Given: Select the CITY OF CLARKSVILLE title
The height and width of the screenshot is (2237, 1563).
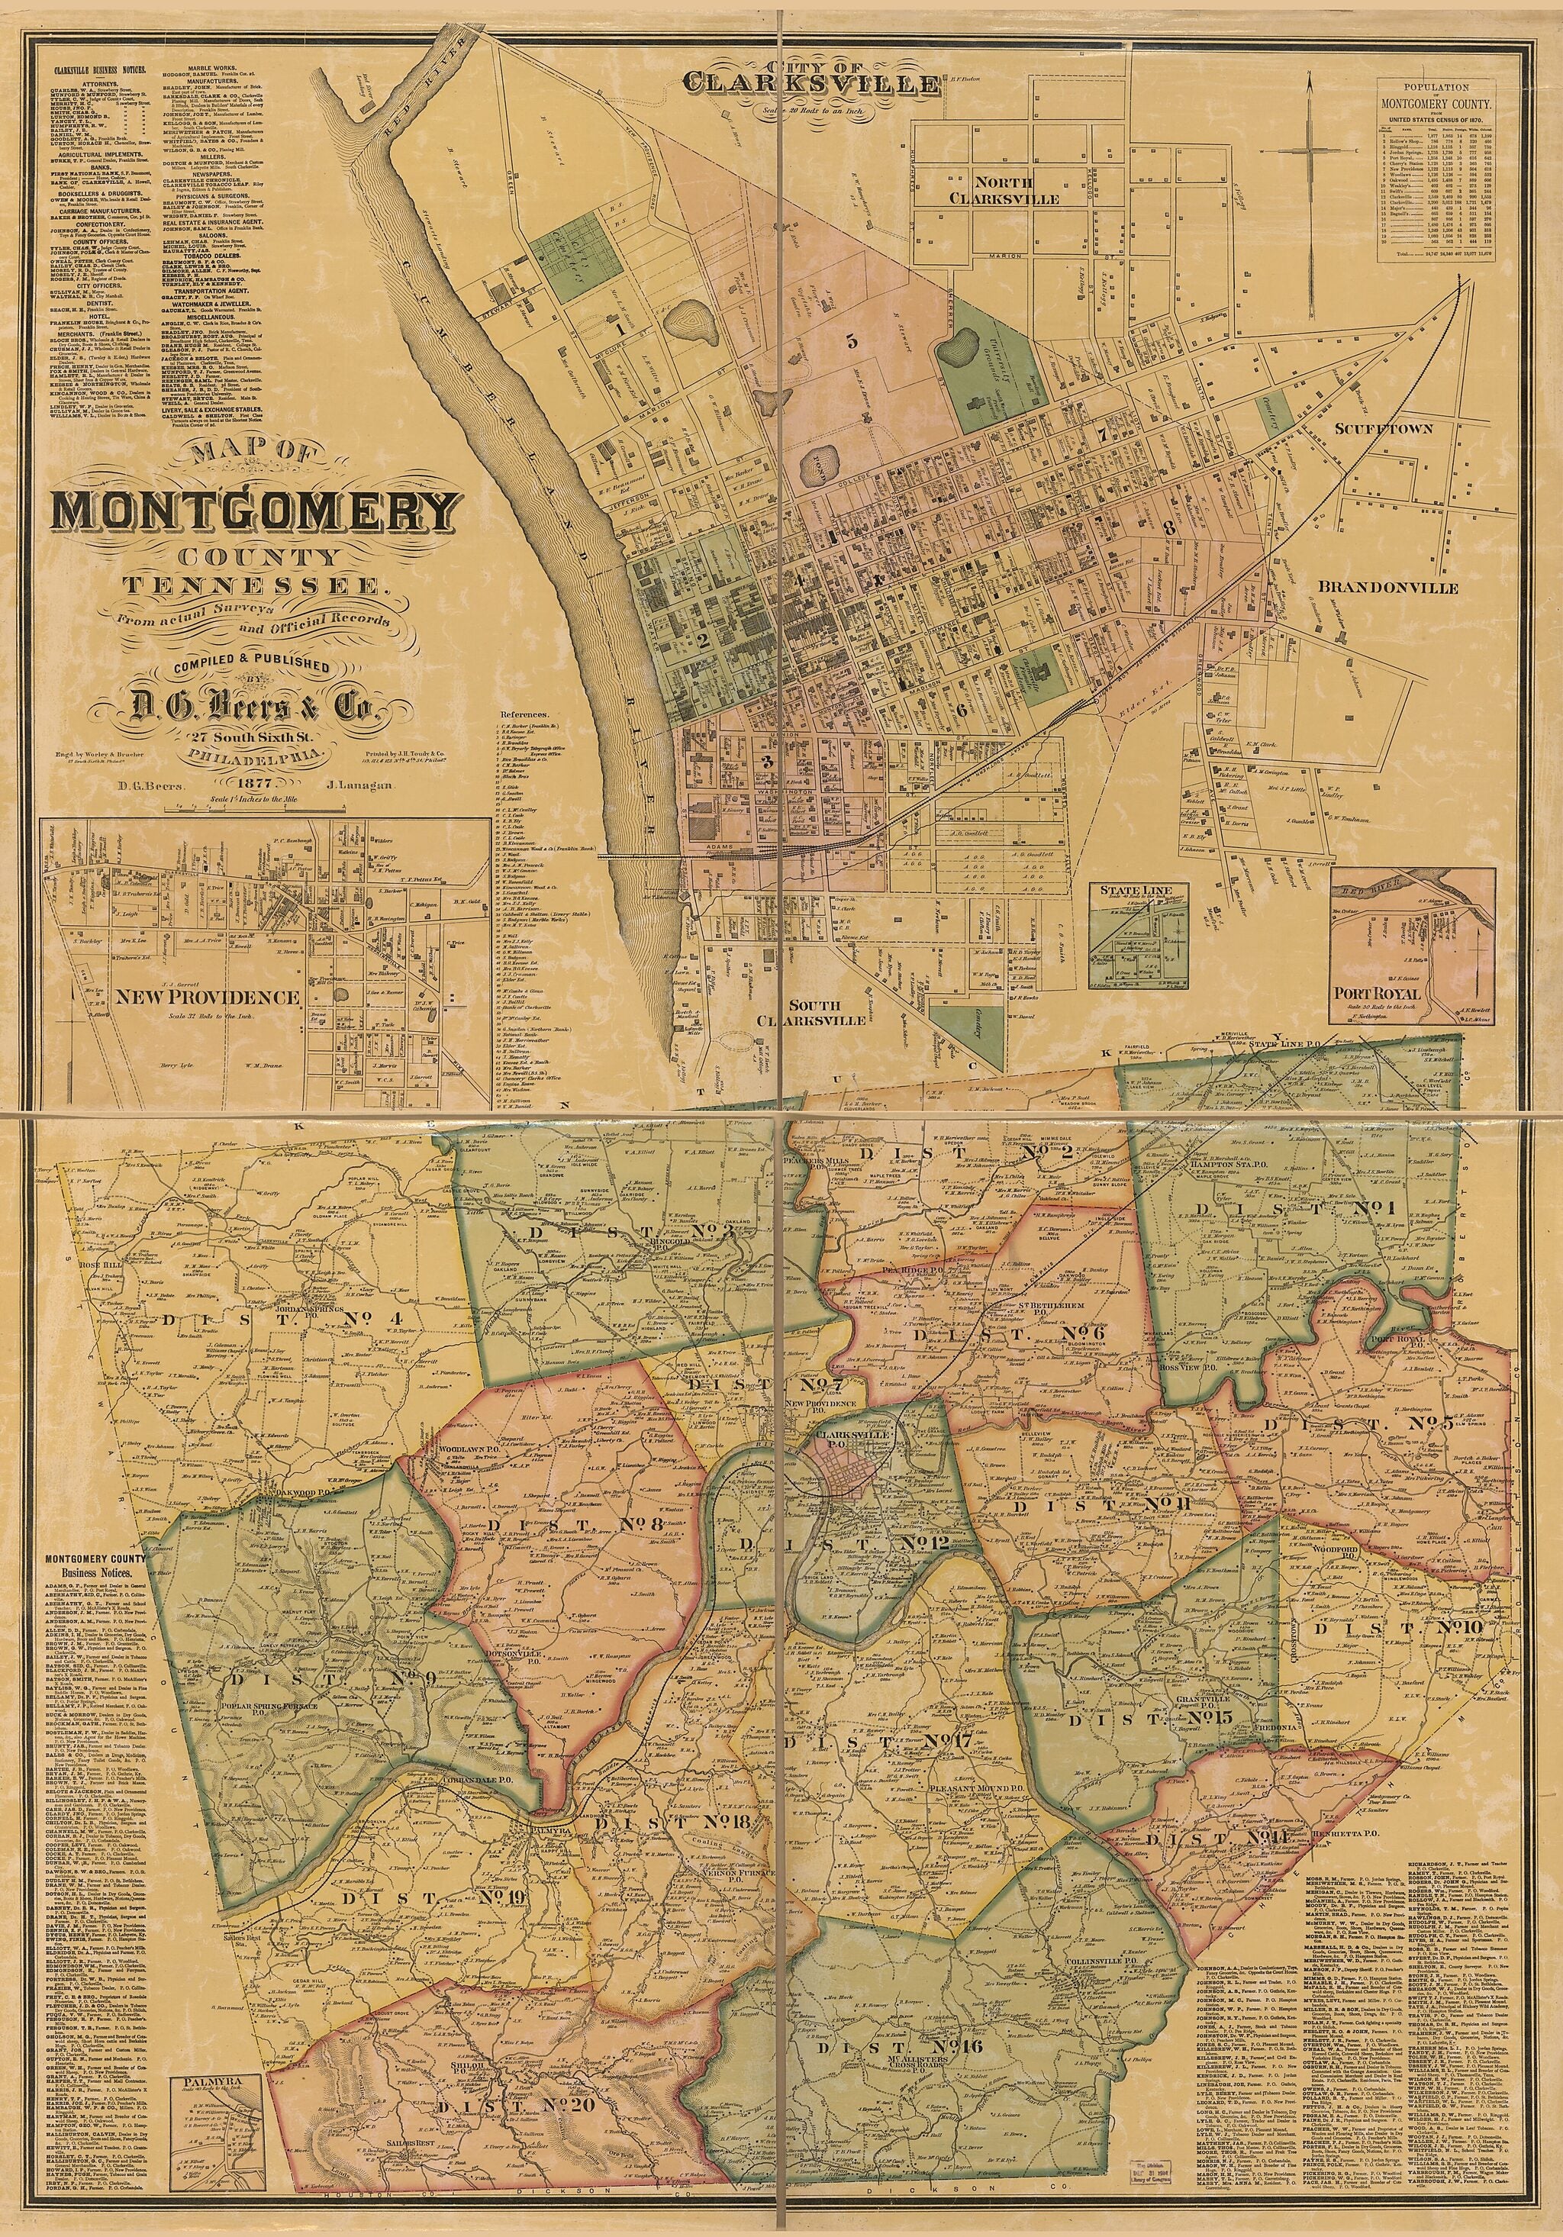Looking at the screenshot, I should pyautogui.click(x=813, y=78).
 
